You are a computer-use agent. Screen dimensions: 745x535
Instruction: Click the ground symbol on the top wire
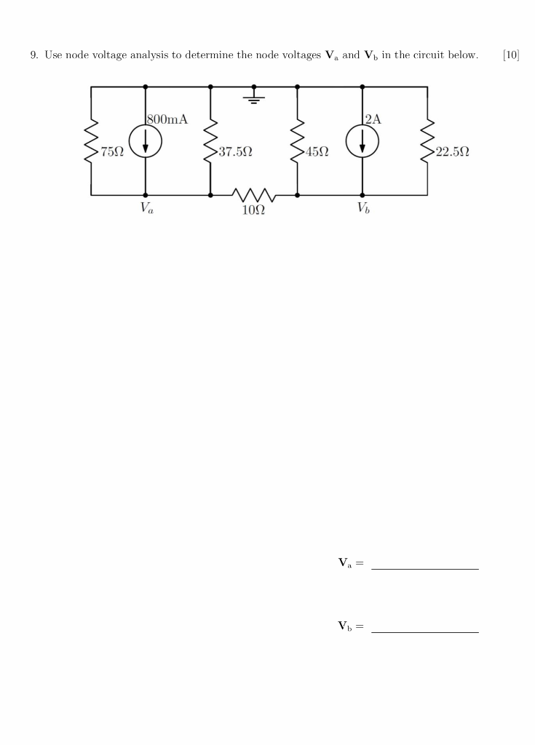click(254, 96)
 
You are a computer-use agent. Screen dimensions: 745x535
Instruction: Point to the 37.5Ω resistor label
click(235, 153)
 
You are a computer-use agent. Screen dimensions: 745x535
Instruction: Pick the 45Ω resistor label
click(317, 153)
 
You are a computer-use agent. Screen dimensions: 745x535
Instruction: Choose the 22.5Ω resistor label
click(451, 153)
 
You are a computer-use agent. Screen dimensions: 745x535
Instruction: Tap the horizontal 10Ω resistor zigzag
click(253, 194)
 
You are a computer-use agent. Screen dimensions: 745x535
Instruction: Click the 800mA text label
click(167, 119)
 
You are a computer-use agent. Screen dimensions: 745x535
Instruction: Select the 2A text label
click(372, 119)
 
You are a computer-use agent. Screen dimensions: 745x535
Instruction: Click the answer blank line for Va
click(424, 568)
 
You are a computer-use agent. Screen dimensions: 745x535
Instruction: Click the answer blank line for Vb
click(424, 632)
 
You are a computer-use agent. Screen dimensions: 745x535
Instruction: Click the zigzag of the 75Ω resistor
click(91, 141)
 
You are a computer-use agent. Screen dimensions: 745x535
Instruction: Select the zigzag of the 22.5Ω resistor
click(427, 141)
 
